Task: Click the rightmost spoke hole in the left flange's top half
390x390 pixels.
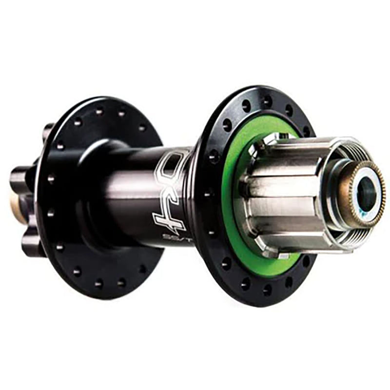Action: pos(142,128)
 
